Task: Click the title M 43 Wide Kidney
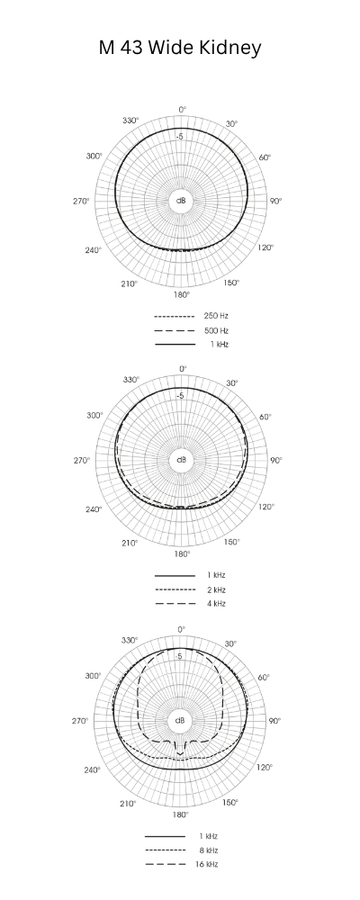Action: tap(180, 48)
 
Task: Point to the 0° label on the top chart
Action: tap(182, 109)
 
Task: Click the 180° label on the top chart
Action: tap(181, 294)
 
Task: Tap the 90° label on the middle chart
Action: tap(275, 460)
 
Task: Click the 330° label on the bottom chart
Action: tap(130, 640)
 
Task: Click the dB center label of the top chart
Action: tap(181, 201)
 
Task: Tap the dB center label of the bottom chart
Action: tap(181, 721)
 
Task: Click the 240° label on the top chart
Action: tap(94, 249)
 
